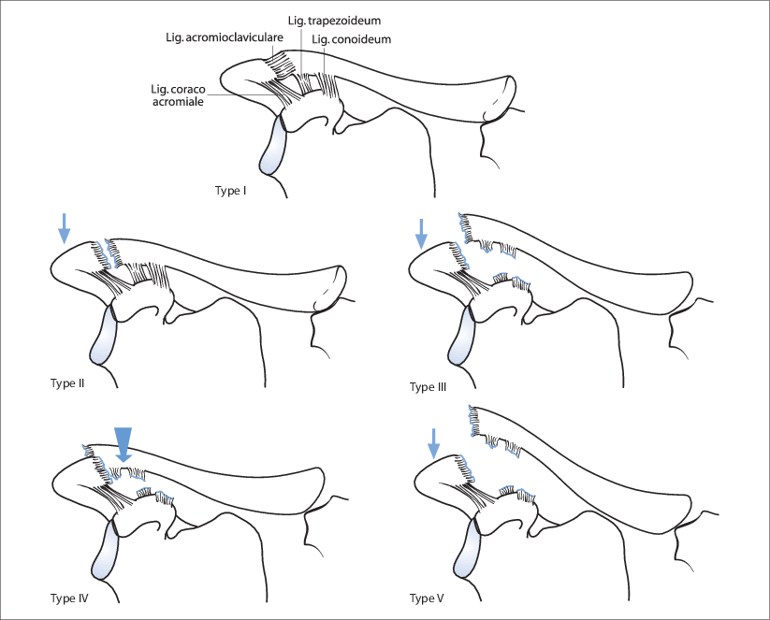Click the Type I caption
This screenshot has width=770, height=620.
pos(231,191)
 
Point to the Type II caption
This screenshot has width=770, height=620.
pos(68,382)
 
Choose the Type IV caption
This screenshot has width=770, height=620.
pos(69,597)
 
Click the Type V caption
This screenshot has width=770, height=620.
pos(427,598)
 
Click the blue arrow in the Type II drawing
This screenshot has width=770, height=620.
pos(63,228)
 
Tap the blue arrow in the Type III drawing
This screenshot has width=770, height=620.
pos(421,233)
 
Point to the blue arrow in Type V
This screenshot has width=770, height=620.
pos(432,444)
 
